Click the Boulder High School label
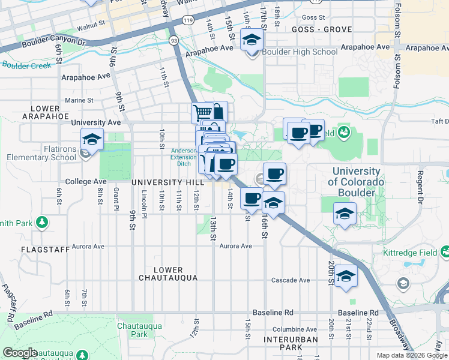[300, 52]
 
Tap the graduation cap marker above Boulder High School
[252, 40]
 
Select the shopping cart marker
[203, 112]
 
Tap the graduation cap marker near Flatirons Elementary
[92, 140]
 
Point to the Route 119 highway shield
[188, 20]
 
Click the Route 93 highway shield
[173, 40]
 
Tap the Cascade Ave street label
[291, 280]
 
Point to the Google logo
[20, 353]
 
